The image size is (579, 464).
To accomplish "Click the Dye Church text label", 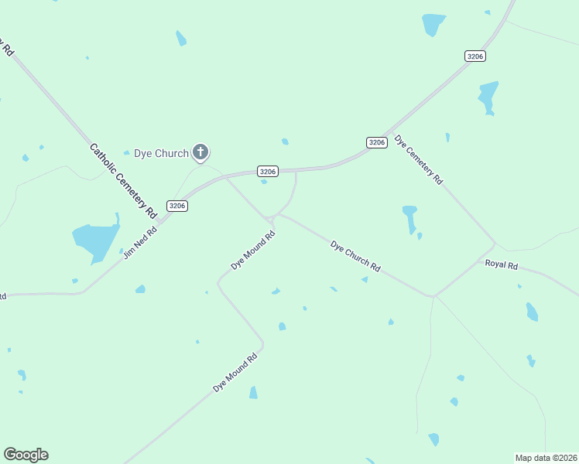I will [x=161, y=153].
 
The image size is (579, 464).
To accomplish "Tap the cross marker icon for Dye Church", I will [x=200, y=152].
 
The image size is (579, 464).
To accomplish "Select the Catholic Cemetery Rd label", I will [x=123, y=179].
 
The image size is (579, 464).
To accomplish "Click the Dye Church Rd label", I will [x=355, y=257].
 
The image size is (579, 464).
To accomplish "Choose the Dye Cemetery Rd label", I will [x=419, y=160].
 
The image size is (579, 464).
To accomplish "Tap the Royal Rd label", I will [x=501, y=264].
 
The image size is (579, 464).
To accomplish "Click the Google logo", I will [x=26, y=455].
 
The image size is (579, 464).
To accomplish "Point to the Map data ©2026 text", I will [x=546, y=458].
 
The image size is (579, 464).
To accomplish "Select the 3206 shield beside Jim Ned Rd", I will [x=178, y=206].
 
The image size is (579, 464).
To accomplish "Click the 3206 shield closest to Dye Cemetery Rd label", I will [x=377, y=142].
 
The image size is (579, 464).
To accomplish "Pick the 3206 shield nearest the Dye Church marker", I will [x=268, y=171].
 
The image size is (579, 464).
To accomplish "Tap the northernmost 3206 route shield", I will [x=475, y=56].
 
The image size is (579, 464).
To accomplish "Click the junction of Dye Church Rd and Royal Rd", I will [x=433, y=296].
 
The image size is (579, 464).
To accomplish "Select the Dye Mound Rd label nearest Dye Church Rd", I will [x=253, y=251].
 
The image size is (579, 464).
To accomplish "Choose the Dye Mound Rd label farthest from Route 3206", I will [x=235, y=373].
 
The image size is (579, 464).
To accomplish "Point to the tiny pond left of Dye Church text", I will [x=127, y=152].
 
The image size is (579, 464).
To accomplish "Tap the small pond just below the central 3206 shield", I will [x=264, y=182].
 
